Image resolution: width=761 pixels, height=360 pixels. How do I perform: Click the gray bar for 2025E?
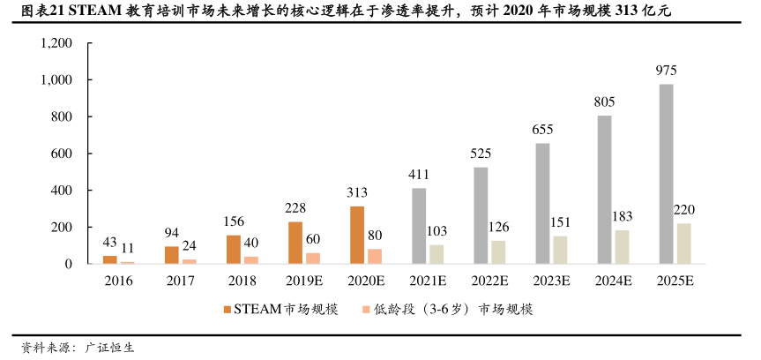click(x=666, y=174)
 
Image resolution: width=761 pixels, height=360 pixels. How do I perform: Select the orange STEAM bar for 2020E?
click(x=357, y=235)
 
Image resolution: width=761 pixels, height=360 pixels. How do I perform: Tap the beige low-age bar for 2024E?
click(x=622, y=247)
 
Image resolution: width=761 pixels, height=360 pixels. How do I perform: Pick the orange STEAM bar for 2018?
click(x=233, y=249)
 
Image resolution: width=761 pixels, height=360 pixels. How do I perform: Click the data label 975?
click(x=666, y=70)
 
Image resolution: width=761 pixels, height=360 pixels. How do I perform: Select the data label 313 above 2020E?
click(x=357, y=193)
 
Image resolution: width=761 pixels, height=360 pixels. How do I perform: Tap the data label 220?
click(x=684, y=210)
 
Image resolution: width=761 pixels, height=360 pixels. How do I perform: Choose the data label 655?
click(x=542, y=130)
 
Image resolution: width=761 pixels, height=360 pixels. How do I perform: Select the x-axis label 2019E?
click(x=303, y=281)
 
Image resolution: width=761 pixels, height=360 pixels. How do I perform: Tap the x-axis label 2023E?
click(x=551, y=281)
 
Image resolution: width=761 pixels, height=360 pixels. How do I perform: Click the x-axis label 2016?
click(x=118, y=281)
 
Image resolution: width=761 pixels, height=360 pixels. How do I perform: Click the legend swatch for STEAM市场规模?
click(x=227, y=310)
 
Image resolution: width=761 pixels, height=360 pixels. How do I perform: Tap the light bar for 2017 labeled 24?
click(x=190, y=261)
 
